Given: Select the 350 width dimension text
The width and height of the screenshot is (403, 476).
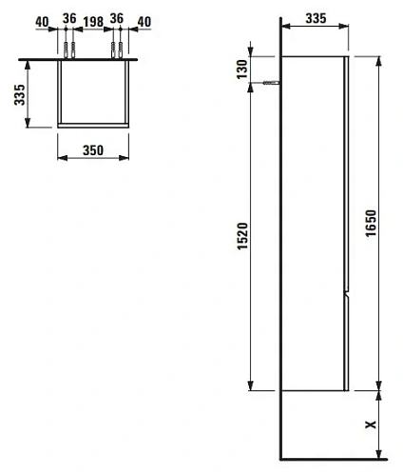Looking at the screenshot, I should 91,150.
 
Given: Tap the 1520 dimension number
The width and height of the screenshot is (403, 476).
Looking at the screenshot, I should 242,235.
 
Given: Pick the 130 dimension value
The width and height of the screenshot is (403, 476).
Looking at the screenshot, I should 242,68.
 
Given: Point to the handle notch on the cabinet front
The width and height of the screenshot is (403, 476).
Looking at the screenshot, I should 348,289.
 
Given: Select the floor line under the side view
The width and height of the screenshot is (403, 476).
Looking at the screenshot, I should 333,454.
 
